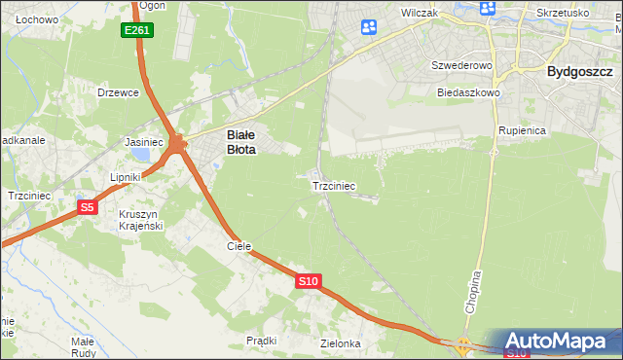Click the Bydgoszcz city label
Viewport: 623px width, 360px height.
pos(578,71)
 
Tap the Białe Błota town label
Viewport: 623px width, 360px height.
pos(239,143)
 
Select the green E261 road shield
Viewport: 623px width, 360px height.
pos(136,31)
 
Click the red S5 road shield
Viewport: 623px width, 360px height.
pos(87,207)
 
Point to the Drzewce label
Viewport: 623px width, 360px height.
pos(119,93)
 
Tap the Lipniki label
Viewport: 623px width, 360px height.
pos(126,178)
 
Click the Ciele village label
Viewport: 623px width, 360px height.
pos(239,247)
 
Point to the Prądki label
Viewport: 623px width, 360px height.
pos(262,341)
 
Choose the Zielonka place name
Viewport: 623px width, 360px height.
pos(341,344)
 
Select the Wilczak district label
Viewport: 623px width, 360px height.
pos(421,14)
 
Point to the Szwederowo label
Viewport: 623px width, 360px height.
pos(463,65)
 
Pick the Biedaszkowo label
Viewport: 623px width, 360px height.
pos(468,92)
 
